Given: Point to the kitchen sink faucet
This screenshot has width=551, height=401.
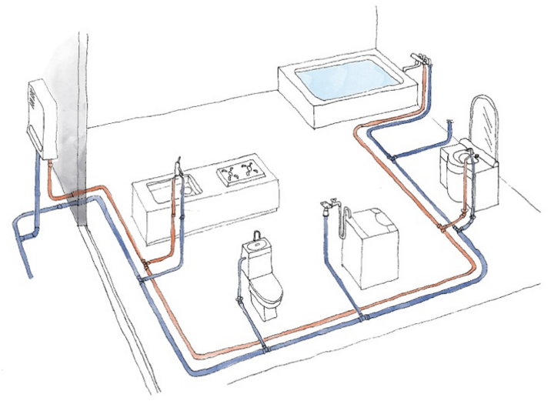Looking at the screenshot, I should pyautogui.click(x=177, y=165).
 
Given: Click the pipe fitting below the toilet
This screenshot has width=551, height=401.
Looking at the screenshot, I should pyautogui.click(x=265, y=349).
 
